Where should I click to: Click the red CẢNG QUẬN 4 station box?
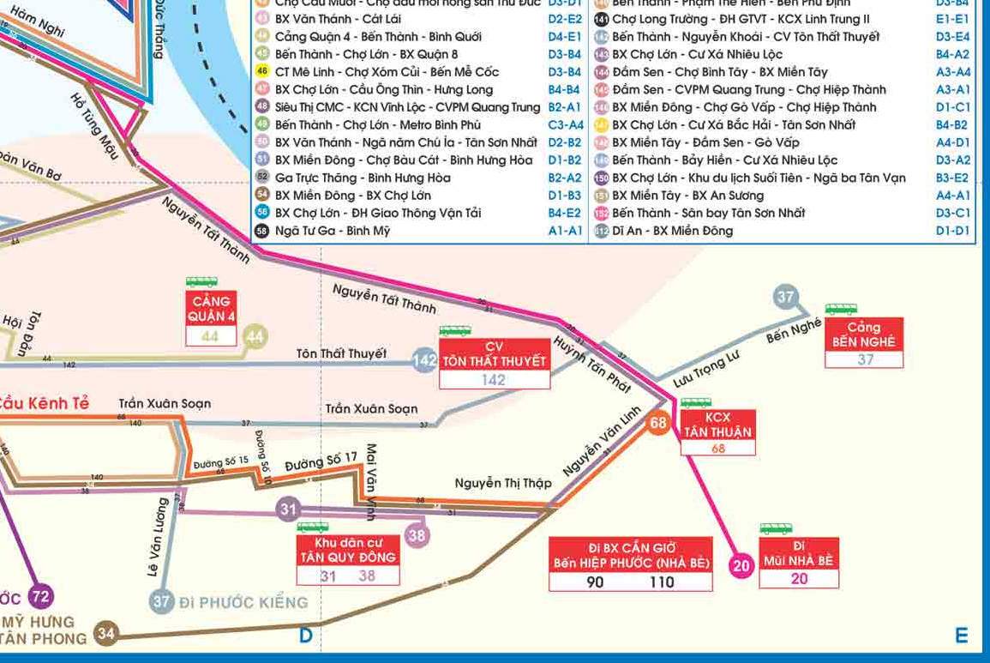(211, 310)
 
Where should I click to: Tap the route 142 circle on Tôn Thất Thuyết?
(425, 360)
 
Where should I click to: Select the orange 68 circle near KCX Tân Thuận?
(658, 423)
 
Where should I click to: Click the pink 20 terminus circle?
(741, 565)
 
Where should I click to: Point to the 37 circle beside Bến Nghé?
(785, 297)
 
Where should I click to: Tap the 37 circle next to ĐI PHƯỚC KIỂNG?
(161, 601)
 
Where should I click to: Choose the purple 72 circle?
(40, 596)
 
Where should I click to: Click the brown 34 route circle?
(105, 635)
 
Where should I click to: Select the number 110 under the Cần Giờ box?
(662, 582)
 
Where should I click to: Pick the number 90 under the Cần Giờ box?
(595, 582)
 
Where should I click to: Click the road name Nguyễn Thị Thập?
(503, 483)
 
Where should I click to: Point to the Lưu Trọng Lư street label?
(705, 370)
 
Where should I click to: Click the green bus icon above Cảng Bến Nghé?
(842, 310)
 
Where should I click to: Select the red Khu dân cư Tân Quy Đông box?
(348, 550)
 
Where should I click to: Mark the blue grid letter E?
(962, 636)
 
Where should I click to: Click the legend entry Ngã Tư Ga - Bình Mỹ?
(332, 231)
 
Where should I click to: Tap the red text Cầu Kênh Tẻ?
(43, 404)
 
